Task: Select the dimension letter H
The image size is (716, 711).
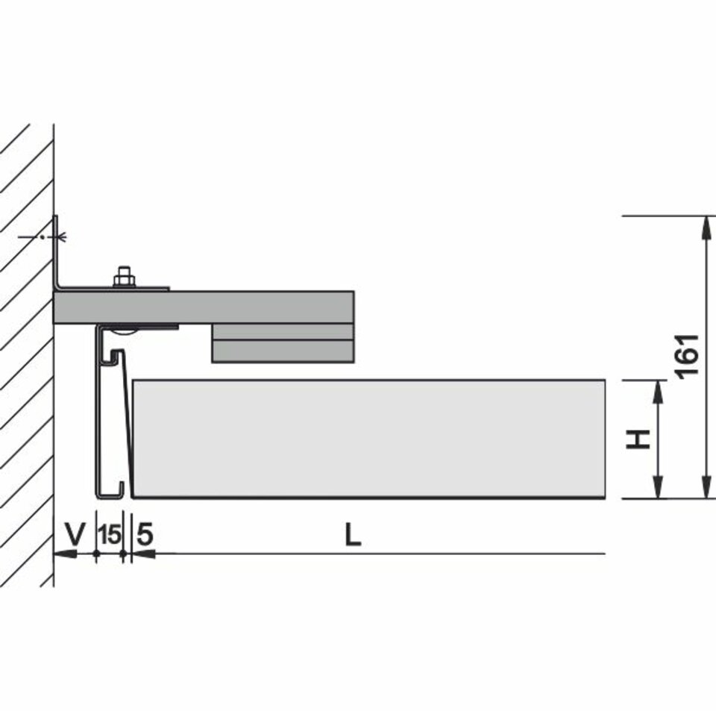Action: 638,439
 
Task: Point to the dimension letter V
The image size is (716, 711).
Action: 75,533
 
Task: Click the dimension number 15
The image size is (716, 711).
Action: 110,534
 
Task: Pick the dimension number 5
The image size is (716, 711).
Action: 145,533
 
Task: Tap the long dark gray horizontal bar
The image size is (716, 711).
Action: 204,307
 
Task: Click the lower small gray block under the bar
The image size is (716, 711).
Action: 283,351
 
